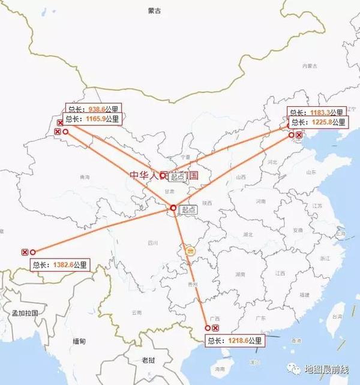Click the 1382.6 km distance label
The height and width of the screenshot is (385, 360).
click(x=60, y=264)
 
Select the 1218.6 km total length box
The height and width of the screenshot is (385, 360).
click(x=235, y=340)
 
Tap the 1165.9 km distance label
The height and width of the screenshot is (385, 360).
click(x=92, y=119)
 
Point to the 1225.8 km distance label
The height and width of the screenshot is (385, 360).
click(x=318, y=122)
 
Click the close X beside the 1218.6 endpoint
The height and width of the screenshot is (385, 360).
click(x=216, y=328)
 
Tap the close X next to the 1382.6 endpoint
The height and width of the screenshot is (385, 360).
click(x=25, y=252)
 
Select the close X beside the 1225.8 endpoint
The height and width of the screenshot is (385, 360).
click(x=299, y=135)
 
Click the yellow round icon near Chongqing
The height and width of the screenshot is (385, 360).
click(x=190, y=251)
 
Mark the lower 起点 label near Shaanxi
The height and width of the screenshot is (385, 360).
click(x=188, y=209)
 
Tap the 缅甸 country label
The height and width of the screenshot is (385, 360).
click(x=79, y=341)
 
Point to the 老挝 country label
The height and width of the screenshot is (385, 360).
click(x=148, y=360)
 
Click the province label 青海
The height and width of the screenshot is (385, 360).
click(x=84, y=178)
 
